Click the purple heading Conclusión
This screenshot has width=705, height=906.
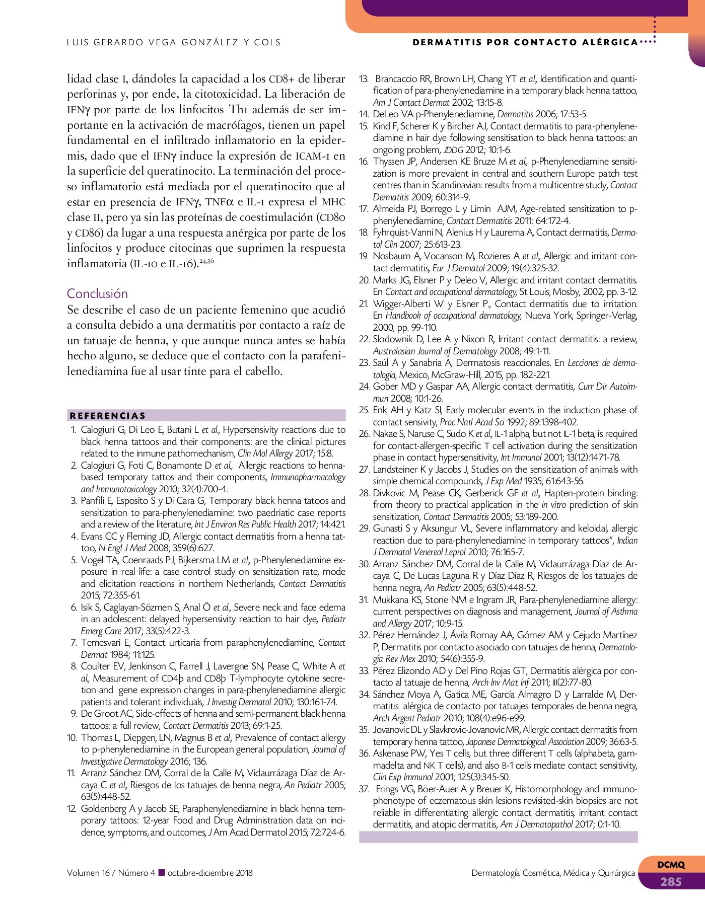(x=97, y=293)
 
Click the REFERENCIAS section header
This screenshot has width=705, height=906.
(x=108, y=416)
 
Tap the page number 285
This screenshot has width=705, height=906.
(x=671, y=881)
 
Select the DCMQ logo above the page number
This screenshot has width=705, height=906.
(x=671, y=865)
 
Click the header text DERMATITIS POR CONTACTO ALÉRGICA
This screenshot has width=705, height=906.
(x=525, y=42)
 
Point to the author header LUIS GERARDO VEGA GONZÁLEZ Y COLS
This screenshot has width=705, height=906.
(x=174, y=42)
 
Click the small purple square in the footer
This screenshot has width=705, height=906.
(x=162, y=873)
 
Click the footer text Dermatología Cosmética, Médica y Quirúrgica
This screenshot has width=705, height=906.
(x=553, y=873)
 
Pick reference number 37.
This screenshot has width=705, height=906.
(x=364, y=789)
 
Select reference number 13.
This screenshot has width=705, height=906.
(x=364, y=79)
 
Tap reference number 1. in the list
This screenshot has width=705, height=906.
(x=74, y=430)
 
